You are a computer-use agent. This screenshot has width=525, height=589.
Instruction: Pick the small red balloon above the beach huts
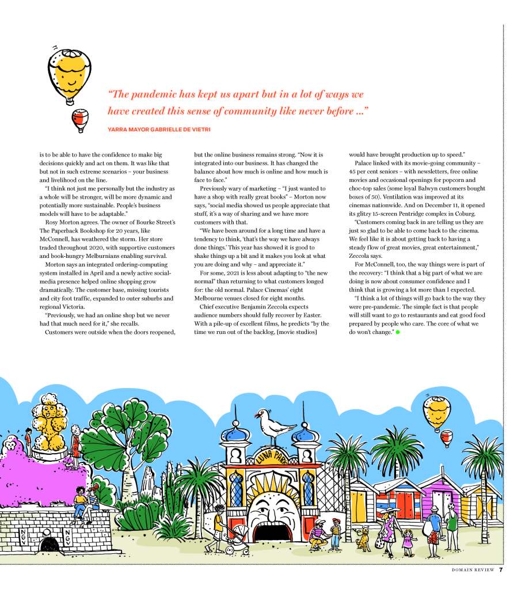point(446,438)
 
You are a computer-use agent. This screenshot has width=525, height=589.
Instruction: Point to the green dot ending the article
point(397,333)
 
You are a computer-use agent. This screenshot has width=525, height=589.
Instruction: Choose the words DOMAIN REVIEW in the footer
point(473,571)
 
